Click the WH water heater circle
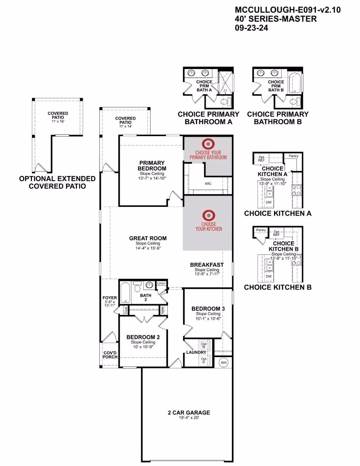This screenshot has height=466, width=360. click(x=224, y=363)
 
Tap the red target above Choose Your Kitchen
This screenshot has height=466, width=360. click(x=209, y=215)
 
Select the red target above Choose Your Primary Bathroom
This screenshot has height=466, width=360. click(x=208, y=144)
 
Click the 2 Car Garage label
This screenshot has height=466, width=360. click(x=189, y=413)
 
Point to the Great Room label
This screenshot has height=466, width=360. click(x=148, y=238)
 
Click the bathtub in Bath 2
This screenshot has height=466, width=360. click(x=125, y=292)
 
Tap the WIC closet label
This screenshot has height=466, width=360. click(x=208, y=184)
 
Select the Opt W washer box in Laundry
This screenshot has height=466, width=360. click(x=204, y=346)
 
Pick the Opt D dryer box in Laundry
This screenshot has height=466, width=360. click(x=204, y=360)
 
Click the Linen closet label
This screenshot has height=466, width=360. click(x=161, y=283)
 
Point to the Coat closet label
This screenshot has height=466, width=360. click(x=126, y=310)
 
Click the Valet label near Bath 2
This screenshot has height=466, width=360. click(x=162, y=310)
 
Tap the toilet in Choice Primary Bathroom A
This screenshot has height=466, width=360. click(x=226, y=101)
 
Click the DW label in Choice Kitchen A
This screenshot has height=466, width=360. click(x=269, y=202)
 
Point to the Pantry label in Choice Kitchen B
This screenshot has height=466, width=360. click(x=261, y=230)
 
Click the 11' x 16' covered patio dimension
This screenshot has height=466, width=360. click(x=58, y=121)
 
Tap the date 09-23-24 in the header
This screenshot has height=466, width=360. click(x=251, y=28)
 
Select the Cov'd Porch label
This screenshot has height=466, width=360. click(x=110, y=355)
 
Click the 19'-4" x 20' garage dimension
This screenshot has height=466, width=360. click(x=189, y=418)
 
